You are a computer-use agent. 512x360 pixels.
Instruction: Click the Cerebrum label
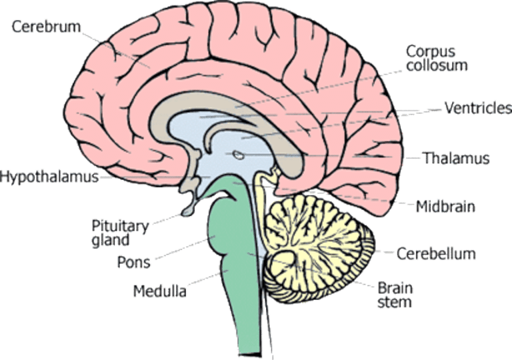[46, 27]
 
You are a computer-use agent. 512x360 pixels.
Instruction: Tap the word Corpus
[431, 52]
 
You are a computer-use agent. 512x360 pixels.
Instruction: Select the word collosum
[437, 65]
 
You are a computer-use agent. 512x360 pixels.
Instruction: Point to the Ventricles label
[478, 108]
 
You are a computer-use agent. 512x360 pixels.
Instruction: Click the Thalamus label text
[456, 158]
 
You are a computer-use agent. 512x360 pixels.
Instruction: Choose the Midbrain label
[445, 207]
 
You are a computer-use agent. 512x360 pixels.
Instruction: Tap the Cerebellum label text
[436, 254]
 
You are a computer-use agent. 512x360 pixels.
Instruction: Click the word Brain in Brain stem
[395, 288]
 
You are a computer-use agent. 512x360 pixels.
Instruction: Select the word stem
[395, 302]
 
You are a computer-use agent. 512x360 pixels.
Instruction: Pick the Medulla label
[160, 291]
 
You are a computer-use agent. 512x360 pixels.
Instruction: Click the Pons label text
[134, 262]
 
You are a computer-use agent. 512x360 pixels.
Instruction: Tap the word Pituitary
[120, 227]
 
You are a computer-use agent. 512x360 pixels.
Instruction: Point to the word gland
[111, 241]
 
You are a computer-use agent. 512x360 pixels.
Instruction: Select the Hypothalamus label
[49, 177]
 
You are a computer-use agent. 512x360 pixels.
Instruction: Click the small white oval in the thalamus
[239, 155]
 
